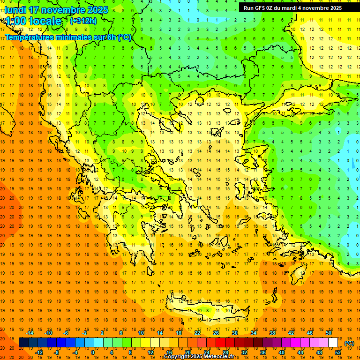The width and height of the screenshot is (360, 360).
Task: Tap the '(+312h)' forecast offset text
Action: [x=83, y=21]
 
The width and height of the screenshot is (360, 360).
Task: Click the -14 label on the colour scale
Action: [x=30, y=333]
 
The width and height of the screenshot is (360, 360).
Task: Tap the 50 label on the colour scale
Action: [x=329, y=333]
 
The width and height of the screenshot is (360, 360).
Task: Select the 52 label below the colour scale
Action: [x=338, y=352]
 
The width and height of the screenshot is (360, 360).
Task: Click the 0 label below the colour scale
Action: [x=92, y=352]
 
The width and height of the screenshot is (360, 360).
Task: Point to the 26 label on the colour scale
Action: [x=216, y=333]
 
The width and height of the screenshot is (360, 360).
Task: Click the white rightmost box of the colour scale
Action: [x=333, y=343]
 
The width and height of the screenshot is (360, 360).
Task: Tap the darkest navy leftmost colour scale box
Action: [x=23, y=343]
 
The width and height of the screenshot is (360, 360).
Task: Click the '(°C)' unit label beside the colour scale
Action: [x=349, y=343]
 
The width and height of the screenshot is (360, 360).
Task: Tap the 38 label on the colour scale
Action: [x=272, y=333]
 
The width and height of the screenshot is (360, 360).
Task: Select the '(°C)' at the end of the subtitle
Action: [x=125, y=37]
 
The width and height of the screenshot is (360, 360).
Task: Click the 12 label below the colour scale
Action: [x=150, y=352]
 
